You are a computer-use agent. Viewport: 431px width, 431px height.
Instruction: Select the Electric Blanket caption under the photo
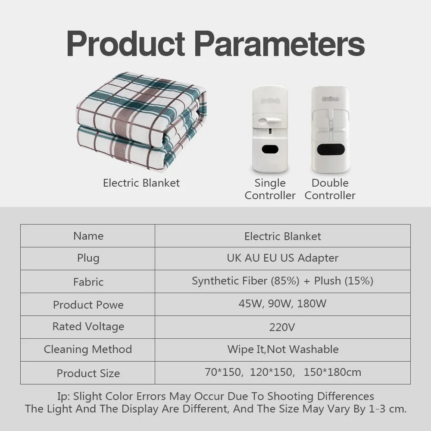click(x=141, y=183)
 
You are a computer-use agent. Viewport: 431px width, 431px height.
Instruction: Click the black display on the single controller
click(x=270, y=149)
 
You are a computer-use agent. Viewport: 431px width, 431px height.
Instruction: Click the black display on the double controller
click(x=330, y=149)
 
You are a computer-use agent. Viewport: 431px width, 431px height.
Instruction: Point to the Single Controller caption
click(x=270, y=189)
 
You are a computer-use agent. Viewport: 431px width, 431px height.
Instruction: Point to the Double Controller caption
click(x=330, y=189)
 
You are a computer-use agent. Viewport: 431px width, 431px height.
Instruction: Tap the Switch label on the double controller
click(x=331, y=99)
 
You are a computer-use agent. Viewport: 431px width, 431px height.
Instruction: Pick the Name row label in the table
click(x=88, y=236)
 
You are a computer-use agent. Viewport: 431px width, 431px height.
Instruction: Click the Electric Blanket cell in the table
click(x=283, y=236)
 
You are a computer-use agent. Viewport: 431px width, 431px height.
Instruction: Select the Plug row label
click(x=88, y=258)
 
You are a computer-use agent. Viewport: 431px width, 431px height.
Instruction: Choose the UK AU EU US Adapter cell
click(x=283, y=258)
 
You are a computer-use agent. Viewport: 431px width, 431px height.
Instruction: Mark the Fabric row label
click(x=88, y=282)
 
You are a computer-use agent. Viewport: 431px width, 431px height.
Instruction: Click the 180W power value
click(x=312, y=303)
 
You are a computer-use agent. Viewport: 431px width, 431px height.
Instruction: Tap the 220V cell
click(x=282, y=327)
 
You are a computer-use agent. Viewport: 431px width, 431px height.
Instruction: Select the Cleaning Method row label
click(x=88, y=349)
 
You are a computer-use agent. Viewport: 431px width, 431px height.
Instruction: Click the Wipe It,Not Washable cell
click(x=283, y=349)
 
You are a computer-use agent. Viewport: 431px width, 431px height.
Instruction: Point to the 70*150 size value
click(x=223, y=372)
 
